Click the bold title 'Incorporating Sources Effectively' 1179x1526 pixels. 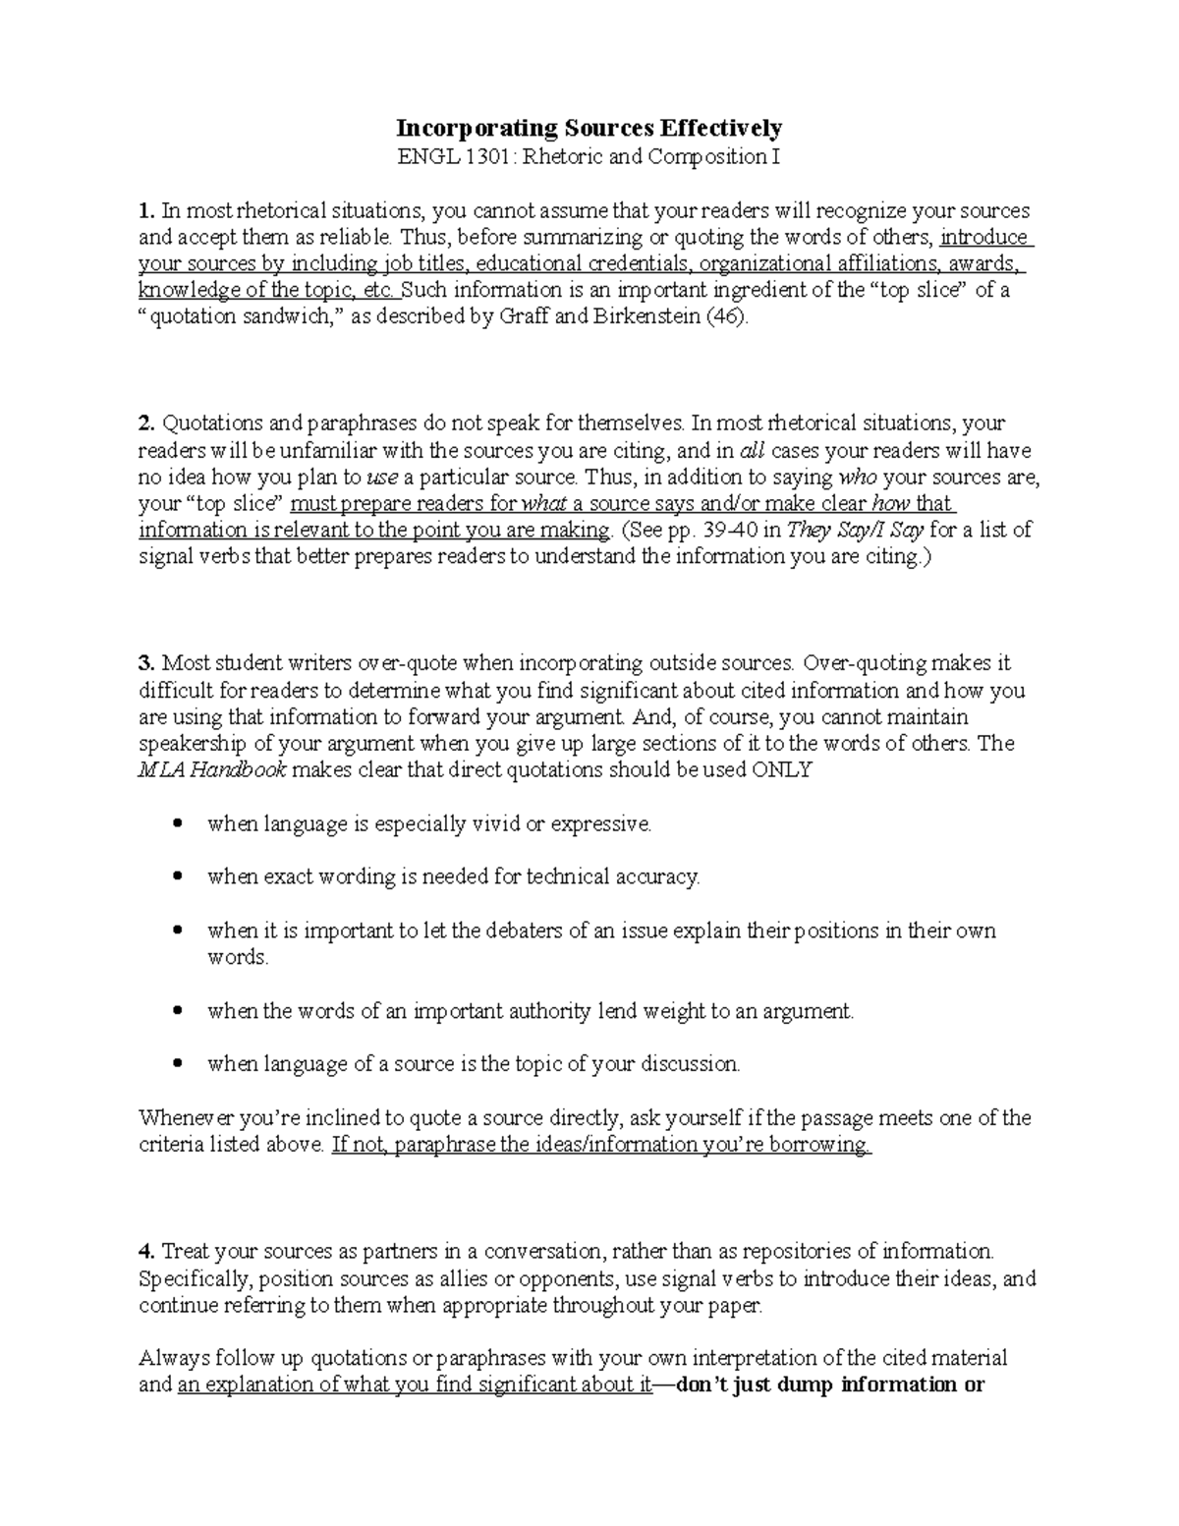click(x=589, y=128)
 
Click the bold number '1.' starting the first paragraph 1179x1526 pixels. click(x=147, y=210)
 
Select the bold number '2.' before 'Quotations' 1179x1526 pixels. click(x=147, y=424)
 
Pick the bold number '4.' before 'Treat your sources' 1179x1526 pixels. click(x=147, y=1252)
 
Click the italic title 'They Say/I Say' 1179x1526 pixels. click(x=849, y=531)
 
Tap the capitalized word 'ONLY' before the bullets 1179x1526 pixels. click(x=782, y=769)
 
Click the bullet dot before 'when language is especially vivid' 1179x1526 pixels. click(x=178, y=823)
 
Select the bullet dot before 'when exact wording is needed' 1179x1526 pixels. click(x=178, y=876)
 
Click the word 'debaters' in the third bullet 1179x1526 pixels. click(x=491, y=931)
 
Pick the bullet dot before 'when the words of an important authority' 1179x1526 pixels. click(x=178, y=1010)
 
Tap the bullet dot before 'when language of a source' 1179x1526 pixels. click(x=178, y=1063)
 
